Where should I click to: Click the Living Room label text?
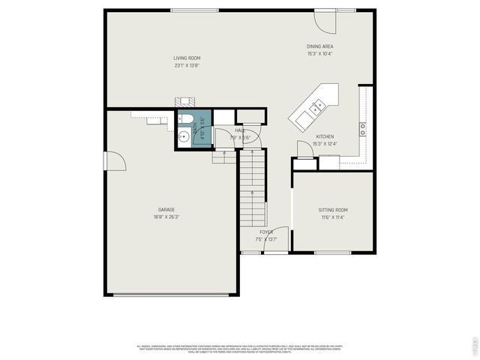coord(187,58)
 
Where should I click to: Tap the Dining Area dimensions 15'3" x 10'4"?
coord(319,53)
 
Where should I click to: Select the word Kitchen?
coord(325,136)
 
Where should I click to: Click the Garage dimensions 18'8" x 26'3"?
coord(166,216)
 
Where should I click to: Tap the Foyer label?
coord(266,232)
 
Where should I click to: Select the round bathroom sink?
coord(184,136)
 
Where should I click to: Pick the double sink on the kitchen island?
coord(316,106)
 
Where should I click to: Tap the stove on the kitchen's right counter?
coord(363,128)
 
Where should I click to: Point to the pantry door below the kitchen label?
coord(304,150)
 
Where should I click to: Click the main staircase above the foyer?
coord(252,191)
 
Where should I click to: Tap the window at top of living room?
coord(194,10)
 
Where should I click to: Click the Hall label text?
coord(240,130)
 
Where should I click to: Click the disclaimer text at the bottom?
coord(239,349)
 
